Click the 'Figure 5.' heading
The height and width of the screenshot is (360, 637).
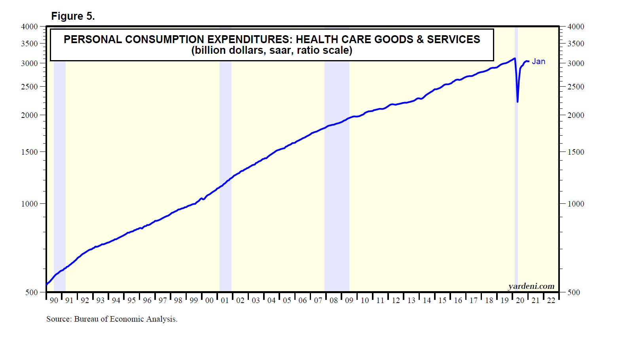pyautogui.click(x=73, y=16)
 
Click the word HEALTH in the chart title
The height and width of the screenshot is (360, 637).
pyautogui.click(x=314, y=40)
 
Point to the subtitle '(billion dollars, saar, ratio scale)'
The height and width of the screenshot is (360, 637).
pyautogui.click(x=272, y=51)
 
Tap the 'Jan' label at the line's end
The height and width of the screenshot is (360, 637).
pyautogui.click(x=538, y=61)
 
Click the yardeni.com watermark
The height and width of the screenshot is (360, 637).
pyautogui.click(x=531, y=286)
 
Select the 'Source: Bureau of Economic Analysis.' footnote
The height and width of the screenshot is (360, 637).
pyautogui.click(x=112, y=319)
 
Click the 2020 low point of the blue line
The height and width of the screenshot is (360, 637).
pyautogui.click(x=518, y=102)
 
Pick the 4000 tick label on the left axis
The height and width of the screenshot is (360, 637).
pyautogui.click(x=29, y=27)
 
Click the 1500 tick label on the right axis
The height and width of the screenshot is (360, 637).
pyautogui.click(x=576, y=152)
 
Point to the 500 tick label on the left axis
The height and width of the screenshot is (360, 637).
pyautogui.click(x=32, y=292)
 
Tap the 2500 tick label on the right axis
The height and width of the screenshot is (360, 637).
pyautogui.click(x=576, y=87)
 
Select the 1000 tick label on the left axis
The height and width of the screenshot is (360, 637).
pyautogui.click(x=29, y=204)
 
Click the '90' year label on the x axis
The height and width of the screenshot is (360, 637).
pyautogui.click(x=54, y=300)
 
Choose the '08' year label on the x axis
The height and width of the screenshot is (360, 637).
pyautogui.click(x=334, y=300)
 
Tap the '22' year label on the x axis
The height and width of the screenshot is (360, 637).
pyautogui.click(x=551, y=300)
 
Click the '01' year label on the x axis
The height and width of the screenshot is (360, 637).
pyautogui.click(x=225, y=300)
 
